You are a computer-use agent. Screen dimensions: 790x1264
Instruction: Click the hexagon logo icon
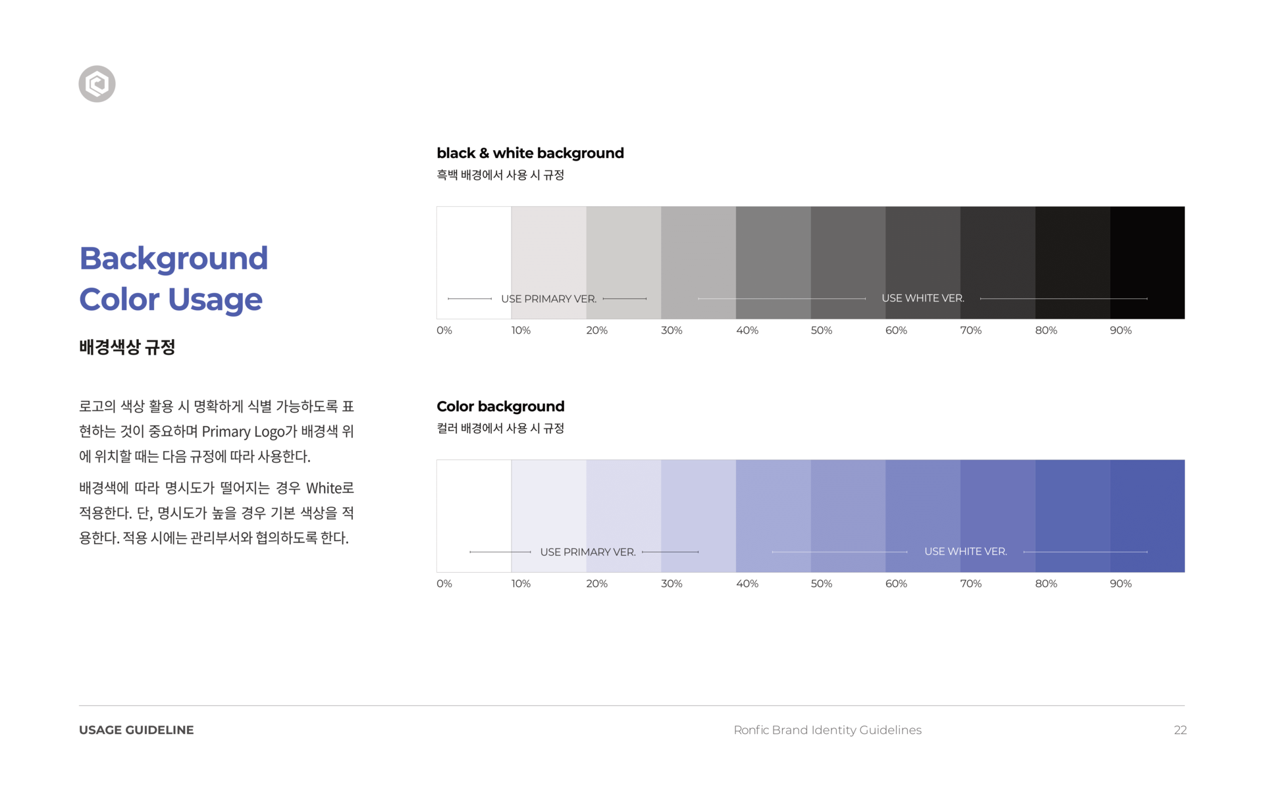point(97,84)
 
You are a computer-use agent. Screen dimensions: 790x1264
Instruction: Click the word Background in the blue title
point(173,258)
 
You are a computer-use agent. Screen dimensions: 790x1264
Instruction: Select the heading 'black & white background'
point(530,153)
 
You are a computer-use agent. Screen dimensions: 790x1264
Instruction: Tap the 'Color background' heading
point(500,407)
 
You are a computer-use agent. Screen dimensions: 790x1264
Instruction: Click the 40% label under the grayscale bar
point(747,330)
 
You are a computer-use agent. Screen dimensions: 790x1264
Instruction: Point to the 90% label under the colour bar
point(1120,584)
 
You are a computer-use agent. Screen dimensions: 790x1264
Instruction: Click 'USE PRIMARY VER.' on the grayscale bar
point(548,299)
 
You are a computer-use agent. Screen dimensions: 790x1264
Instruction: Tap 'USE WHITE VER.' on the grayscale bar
point(922,298)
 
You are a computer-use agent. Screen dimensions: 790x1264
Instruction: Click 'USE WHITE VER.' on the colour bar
point(965,552)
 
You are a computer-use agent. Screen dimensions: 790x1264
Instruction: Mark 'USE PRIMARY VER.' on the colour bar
point(587,552)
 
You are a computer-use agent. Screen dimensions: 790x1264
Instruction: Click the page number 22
point(1180,730)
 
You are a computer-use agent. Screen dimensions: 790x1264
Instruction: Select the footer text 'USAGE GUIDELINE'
point(136,730)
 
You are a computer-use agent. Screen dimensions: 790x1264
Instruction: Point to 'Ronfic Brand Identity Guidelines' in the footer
point(827,730)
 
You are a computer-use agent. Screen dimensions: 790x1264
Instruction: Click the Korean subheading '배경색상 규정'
point(127,347)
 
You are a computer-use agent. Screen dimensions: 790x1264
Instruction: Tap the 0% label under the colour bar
point(444,584)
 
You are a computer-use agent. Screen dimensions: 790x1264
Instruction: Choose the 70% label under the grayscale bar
point(970,330)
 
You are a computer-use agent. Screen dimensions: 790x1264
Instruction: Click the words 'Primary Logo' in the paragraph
point(243,432)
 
